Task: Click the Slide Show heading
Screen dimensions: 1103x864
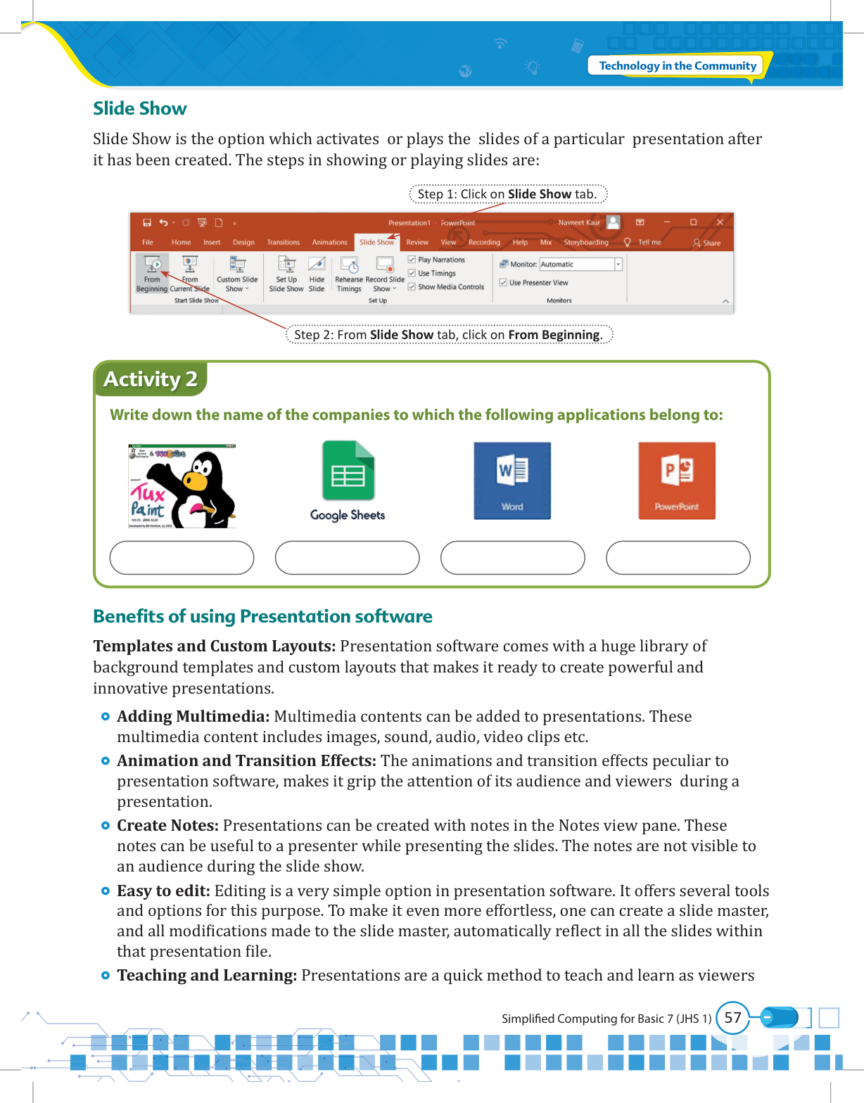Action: [x=139, y=108]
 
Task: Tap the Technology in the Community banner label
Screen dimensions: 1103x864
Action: [x=677, y=66]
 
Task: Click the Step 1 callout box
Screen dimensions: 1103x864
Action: [x=507, y=194]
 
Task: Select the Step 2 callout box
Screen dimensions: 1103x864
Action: [x=449, y=335]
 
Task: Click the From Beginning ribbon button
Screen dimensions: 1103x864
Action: [x=152, y=274]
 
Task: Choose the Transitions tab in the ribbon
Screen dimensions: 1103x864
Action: [x=283, y=243]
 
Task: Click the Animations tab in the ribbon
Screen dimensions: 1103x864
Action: [x=329, y=243]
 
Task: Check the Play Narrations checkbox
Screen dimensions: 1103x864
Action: [x=412, y=260]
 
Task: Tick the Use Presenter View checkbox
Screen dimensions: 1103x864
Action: [x=504, y=283]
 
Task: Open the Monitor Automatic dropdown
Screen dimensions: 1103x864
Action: [x=618, y=264]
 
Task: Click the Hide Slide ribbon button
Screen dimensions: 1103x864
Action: [x=317, y=274]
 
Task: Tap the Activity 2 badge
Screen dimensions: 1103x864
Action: [x=150, y=379]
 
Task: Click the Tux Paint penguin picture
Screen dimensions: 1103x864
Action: [x=182, y=486]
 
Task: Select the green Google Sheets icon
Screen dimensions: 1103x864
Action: [x=348, y=471]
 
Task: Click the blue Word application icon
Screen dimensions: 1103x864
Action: [x=512, y=481]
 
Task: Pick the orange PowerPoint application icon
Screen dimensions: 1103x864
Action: [x=677, y=481]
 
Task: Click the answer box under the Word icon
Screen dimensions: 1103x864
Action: [x=512, y=558]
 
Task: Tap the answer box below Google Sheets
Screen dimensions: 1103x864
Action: [x=347, y=558]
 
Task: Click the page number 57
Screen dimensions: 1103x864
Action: [x=732, y=1018]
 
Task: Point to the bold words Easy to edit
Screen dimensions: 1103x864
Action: [x=163, y=891]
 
